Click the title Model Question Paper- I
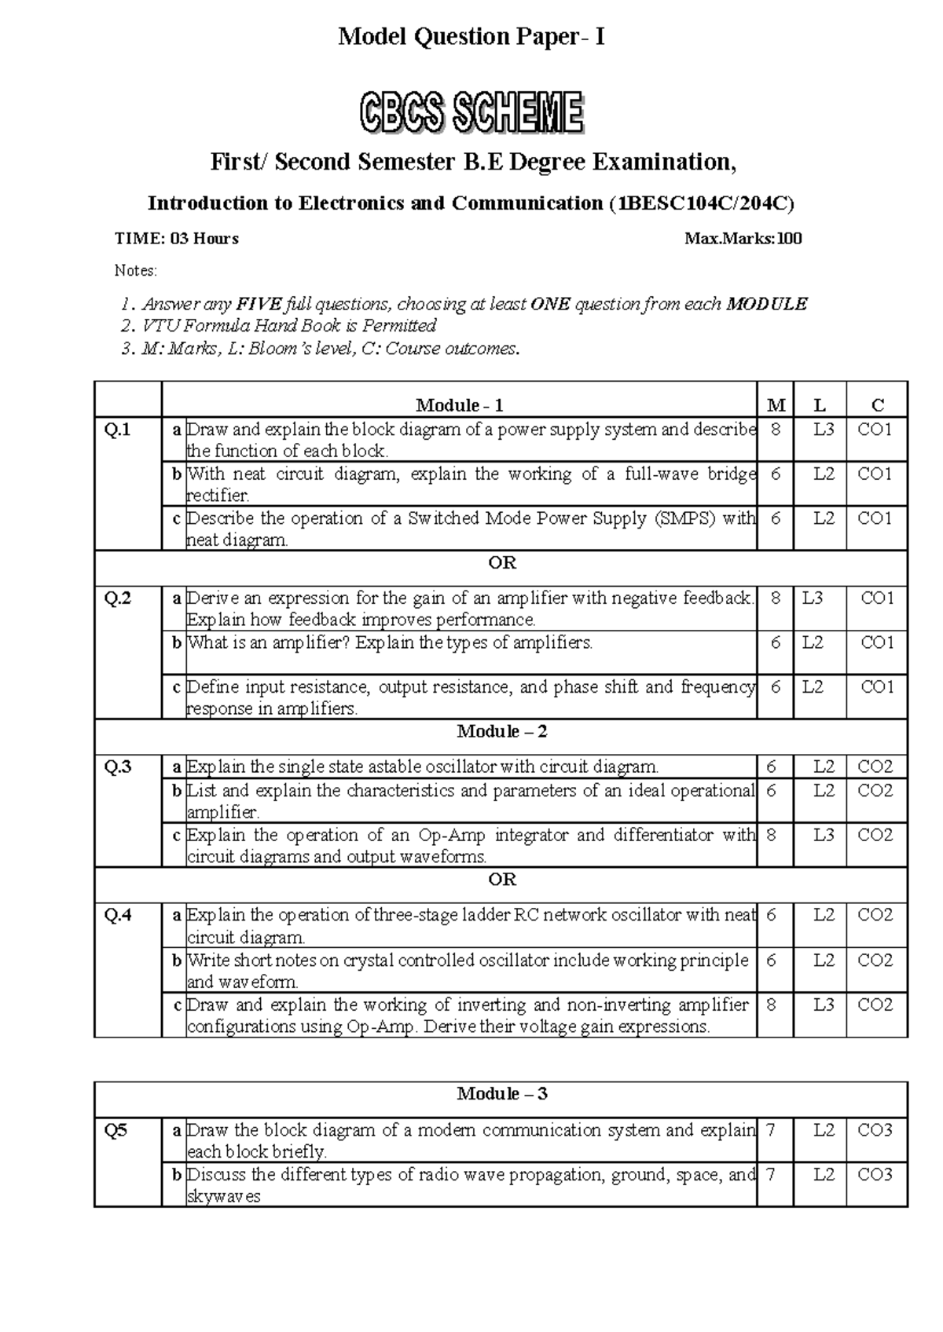tap(472, 37)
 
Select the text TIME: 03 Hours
tap(177, 239)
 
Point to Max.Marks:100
tap(743, 239)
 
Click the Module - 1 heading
tap(459, 405)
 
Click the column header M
tap(776, 405)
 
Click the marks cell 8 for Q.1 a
tap(776, 430)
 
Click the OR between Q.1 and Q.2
tap(501, 563)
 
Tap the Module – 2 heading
tap(501, 732)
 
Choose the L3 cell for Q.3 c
tap(823, 835)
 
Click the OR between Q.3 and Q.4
tap(501, 880)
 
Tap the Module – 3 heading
tap(501, 1094)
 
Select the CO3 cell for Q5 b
tap(875, 1175)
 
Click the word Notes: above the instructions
tap(136, 271)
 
